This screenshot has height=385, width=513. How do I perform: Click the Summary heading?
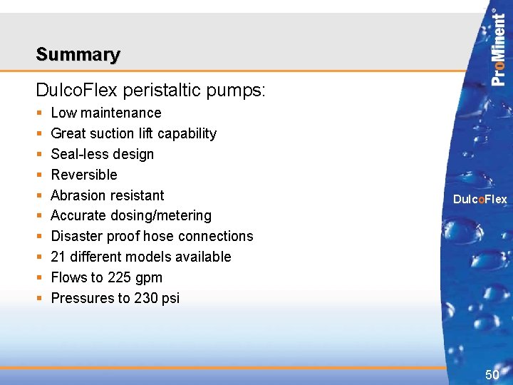(78, 54)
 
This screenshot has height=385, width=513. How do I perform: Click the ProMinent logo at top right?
(499, 47)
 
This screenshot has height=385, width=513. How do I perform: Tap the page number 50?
(492, 375)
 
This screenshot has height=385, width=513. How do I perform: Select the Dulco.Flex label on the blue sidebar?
(480, 200)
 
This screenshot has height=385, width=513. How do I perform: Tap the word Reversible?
(84, 175)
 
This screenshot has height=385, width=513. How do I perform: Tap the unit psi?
(170, 298)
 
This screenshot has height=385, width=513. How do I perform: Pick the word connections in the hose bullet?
(217, 236)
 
